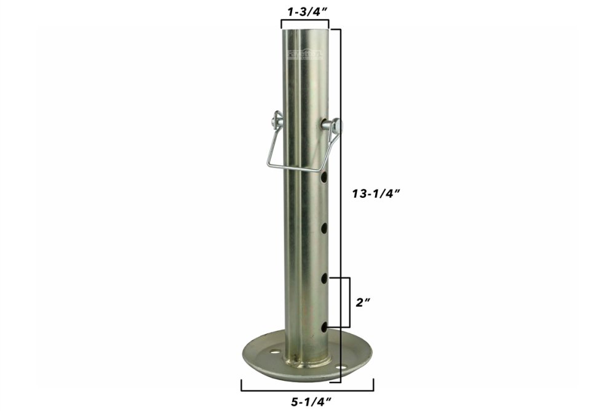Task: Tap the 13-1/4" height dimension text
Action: click(376, 193)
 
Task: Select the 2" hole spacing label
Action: click(363, 303)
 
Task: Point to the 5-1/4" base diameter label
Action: click(307, 401)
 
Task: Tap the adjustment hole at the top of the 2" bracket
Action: click(324, 279)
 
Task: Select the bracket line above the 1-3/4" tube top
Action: click(304, 21)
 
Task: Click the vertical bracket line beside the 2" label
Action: click(349, 302)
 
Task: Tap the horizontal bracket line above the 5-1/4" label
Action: click(307, 390)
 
